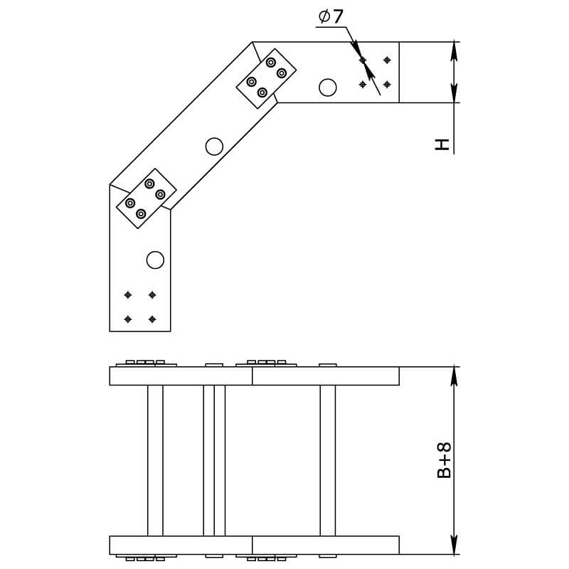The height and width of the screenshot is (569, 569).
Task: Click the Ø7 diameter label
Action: point(331,16)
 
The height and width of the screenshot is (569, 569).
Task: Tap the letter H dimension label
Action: point(442,144)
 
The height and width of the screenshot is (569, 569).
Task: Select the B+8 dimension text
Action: point(444,460)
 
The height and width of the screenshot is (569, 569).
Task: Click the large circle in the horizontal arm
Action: point(328,87)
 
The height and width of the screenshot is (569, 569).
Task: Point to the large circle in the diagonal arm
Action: point(214,147)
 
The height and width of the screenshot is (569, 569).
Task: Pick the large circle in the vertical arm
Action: point(155,260)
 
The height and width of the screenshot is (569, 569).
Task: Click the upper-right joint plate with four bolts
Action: point(266,78)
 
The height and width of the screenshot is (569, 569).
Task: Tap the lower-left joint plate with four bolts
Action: point(147,198)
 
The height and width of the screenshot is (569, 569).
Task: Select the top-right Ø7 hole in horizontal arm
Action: point(387,60)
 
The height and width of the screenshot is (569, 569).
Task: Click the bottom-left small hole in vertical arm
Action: point(128,319)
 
